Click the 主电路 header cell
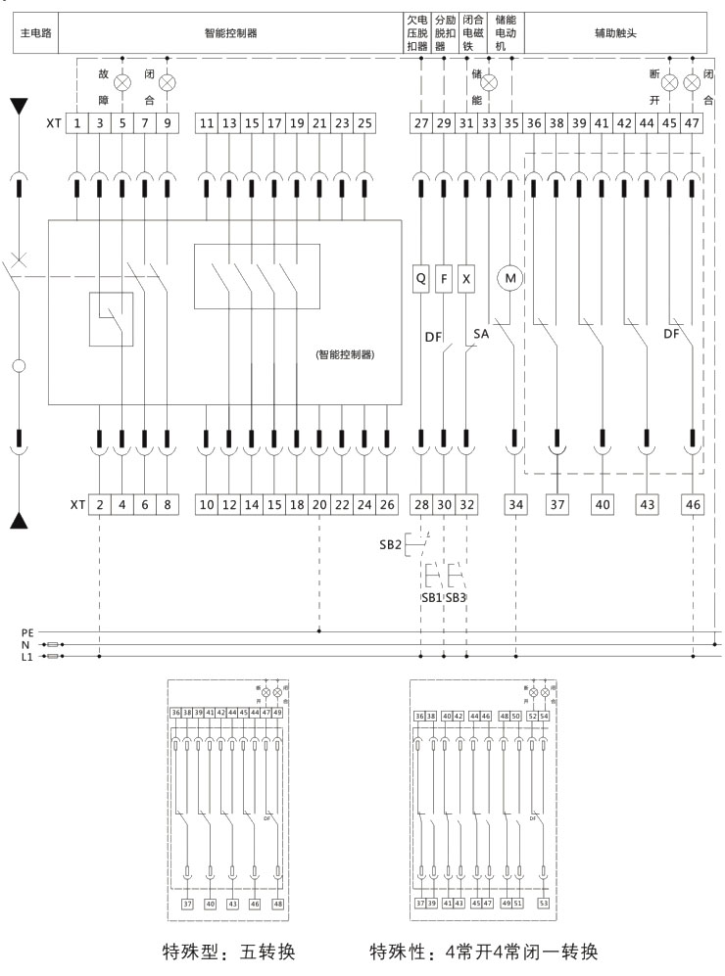[x=35, y=32]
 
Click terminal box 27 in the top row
[x=421, y=124]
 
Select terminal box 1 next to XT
[x=77, y=124]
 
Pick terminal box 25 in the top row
[x=364, y=124]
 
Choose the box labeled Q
[x=421, y=278]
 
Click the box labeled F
[x=444, y=278]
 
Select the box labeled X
[x=466, y=278]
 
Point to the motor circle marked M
[x=509, y=278]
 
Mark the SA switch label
[x=481, y=334]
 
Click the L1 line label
[x=30, y=657]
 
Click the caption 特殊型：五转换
[x=228, y=951]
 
